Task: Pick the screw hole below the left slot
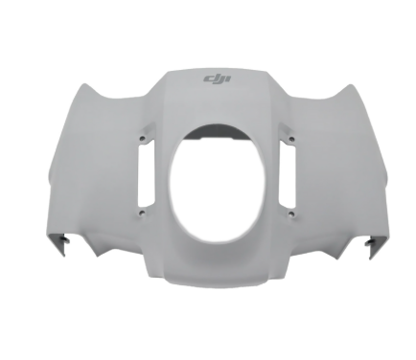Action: point(141,214)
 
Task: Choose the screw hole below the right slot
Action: point(287,213)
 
